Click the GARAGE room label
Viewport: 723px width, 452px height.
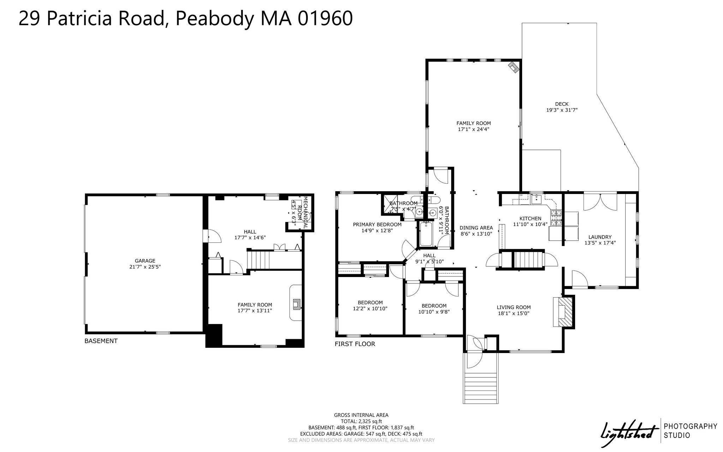pos(145,261)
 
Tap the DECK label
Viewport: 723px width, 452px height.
pos(562,104)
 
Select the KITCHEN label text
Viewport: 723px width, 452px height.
pos(530,218)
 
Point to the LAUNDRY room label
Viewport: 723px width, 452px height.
pos(600,237)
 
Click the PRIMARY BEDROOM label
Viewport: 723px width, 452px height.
pos(377,224)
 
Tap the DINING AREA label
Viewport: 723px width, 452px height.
pos(476,228)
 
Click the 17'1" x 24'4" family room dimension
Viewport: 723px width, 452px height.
pos(473,129)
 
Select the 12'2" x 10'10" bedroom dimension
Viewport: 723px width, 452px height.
pos(370,309)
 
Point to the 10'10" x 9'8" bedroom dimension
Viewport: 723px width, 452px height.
pos(434,312)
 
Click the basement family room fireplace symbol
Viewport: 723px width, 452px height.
pos(297,305)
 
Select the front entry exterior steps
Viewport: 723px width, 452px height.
pos(481,388)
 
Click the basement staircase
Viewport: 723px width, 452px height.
pos(258,260)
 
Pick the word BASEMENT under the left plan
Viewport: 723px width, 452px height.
pos(101,341)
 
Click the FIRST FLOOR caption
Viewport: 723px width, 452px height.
pos(355,344)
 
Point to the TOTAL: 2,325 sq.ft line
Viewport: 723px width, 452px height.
pos(361,421)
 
